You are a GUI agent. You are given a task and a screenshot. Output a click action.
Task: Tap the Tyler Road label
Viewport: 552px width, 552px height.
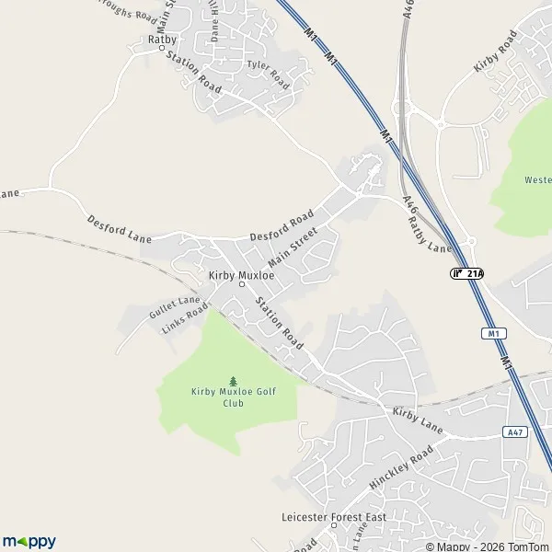pos(268,74)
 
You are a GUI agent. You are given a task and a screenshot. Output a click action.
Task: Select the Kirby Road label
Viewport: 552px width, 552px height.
pos(495,52)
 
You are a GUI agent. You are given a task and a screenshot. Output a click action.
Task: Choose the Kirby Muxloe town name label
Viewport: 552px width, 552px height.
pos(241,275)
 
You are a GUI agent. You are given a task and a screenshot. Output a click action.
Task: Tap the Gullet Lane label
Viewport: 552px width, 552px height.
pos(174,307)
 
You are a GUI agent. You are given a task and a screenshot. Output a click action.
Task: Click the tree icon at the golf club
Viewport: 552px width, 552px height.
pos(233,381)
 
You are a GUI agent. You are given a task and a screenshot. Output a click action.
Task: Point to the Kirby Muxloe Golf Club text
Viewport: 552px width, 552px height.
pos(232,397)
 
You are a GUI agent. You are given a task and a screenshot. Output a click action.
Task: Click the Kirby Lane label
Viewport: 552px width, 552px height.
pos(418,421)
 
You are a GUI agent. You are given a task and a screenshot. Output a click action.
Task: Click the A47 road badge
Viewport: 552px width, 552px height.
pos(514,431)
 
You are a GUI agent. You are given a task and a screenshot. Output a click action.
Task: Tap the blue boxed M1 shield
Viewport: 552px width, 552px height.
pos(494,333)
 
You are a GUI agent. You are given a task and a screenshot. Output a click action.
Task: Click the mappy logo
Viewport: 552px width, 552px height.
pos(29,541)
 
